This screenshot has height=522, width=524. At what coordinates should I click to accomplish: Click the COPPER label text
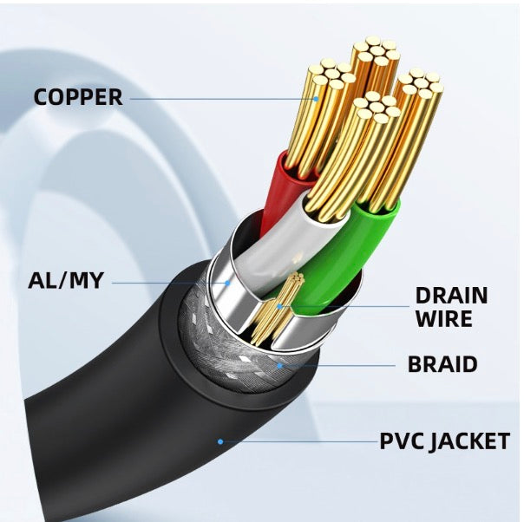point(78,96)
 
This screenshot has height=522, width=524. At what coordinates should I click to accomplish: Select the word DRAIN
point(450,296)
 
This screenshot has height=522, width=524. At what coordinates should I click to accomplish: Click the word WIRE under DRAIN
point(443,319)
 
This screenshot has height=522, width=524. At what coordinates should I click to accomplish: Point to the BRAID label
point(442,364)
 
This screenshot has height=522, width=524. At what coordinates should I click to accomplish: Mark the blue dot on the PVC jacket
point(220,441)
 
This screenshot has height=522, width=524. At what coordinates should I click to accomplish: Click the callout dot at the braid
point(279,365)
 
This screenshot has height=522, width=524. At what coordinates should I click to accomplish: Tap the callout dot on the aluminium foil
point(227,281)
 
